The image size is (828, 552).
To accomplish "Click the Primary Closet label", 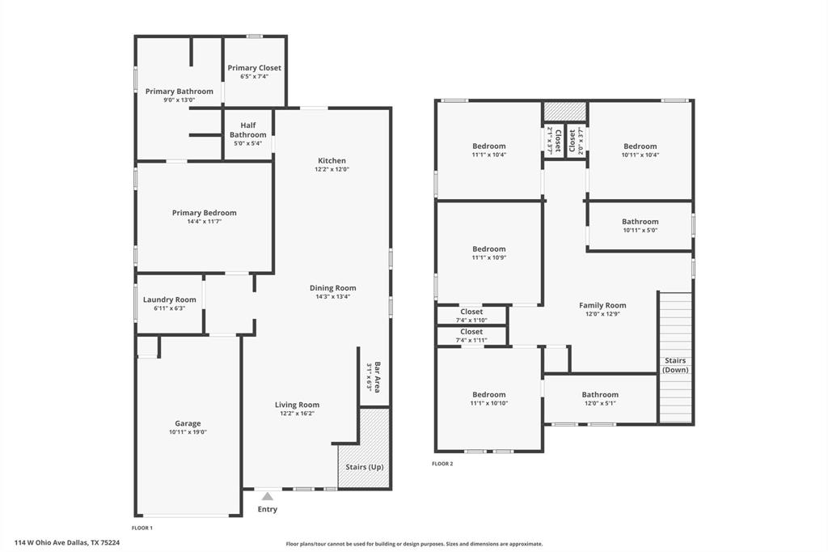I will coord(254,68).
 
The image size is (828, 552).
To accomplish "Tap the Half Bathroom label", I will coord(247,130).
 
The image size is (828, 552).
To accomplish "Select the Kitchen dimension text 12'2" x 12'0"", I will coord(332,170).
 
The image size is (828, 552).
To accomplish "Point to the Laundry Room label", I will coord(170,299).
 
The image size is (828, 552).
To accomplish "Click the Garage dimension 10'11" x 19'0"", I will coord(188,432).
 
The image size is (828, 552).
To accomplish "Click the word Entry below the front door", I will coord(267,509).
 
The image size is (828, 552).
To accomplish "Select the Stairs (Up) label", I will coord(364,467).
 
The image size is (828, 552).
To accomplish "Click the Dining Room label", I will coord(332,287).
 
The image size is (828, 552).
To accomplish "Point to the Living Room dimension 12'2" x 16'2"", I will coord(297,414).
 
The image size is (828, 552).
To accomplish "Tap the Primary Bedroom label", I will coord(204,213).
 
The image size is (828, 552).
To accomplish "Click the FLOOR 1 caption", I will coord(142,528).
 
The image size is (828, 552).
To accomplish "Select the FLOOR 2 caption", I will coord(442,464).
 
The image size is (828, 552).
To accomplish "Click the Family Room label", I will coord(602,305).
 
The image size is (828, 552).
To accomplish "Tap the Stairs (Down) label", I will coord(675,365).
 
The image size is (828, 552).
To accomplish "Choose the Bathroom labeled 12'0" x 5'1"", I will coord(599,395).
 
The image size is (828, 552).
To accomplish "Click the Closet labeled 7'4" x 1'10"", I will coord(471,312).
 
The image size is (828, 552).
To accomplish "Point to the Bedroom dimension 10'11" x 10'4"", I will coord(640,155).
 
